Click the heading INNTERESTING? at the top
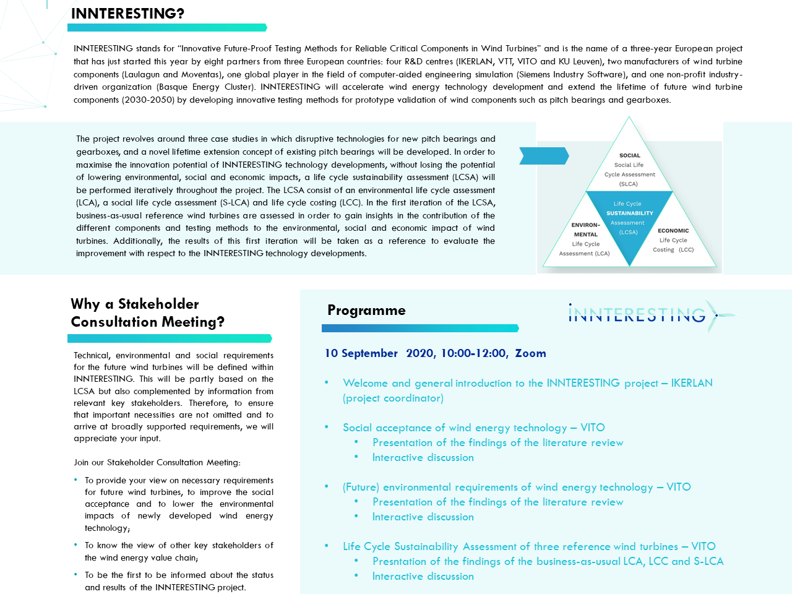(x=127, y=14)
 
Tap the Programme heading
(x=366, y=310)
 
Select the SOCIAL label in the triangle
(x=629, y=156)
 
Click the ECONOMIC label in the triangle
(x=673, y=231)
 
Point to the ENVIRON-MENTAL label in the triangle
(x=585, y=230)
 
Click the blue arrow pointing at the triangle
(x=543, y=156)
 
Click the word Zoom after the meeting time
(x=530, y=353)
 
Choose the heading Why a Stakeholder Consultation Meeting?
(x=147, y=312)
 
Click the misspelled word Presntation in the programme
(x=399, y=561)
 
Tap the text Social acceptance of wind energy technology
(x=455, y=428)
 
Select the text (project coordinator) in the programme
(x=393, y=398)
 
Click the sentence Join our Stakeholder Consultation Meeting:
(x=157, y=462)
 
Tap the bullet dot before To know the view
(x=75, y=545)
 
